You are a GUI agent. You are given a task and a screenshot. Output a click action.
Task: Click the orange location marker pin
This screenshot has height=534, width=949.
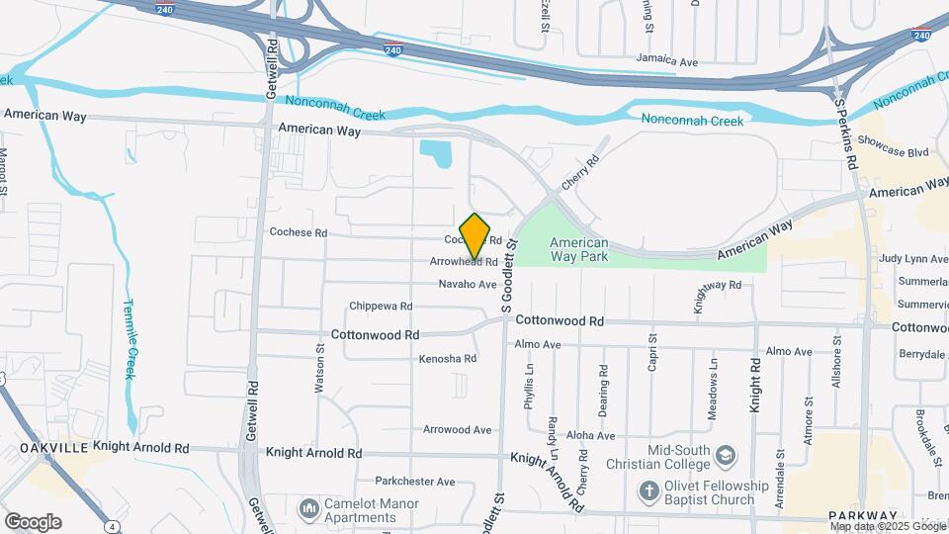[475, 235]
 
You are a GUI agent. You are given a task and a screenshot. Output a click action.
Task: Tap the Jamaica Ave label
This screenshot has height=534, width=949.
[667, 61]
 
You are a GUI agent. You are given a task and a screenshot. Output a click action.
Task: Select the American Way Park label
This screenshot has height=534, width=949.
[578, 250]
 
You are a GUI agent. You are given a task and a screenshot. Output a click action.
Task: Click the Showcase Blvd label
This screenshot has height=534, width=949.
[893, 152]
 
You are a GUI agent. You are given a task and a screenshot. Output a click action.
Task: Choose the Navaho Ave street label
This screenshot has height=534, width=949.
[468, 285]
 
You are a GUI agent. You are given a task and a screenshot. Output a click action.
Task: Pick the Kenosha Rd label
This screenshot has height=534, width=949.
[449, 358]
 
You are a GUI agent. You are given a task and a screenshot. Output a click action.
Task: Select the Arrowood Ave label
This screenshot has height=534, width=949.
[457, 430]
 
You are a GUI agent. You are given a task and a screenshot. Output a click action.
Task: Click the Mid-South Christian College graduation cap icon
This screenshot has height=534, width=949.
[727, 455]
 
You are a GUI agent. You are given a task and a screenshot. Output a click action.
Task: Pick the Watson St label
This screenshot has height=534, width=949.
[319, 368]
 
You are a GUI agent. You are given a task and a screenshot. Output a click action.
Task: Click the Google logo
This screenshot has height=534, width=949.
[33, 522]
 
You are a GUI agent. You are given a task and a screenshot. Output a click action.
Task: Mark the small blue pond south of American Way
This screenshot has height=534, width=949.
[436, 154]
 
